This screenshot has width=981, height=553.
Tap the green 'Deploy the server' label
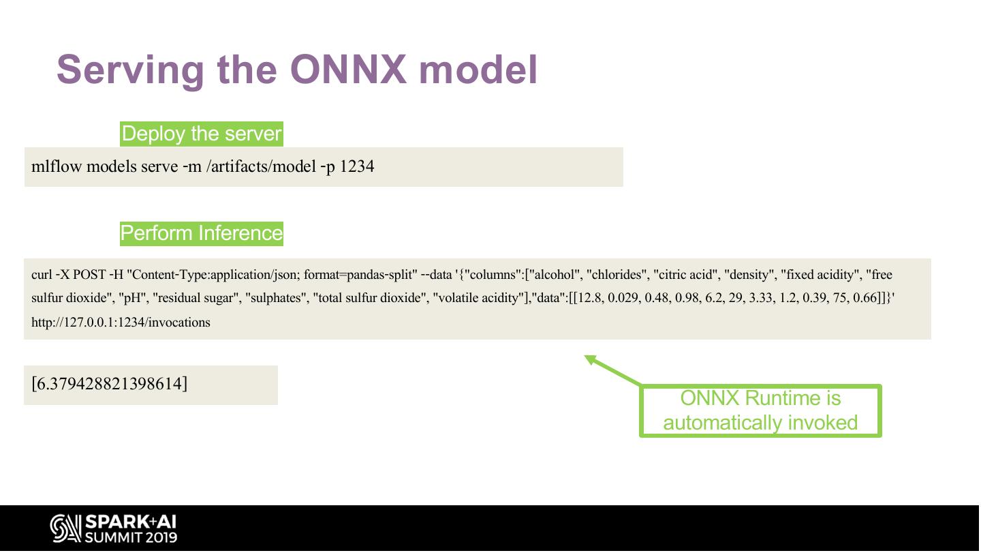click(201, 134)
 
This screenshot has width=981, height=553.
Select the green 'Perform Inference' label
click(201, 233)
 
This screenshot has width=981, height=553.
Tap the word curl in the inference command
click(41, 275)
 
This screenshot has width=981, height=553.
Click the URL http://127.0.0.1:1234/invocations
click(121, 323)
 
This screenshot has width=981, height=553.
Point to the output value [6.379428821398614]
click(109, 384)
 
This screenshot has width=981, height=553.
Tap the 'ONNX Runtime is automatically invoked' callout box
click(760, 410)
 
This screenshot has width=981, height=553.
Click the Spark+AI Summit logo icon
click(65, 529)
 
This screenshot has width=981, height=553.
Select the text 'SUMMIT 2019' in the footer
click(131, 537)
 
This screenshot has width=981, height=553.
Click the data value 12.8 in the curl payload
click(589, 299)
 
